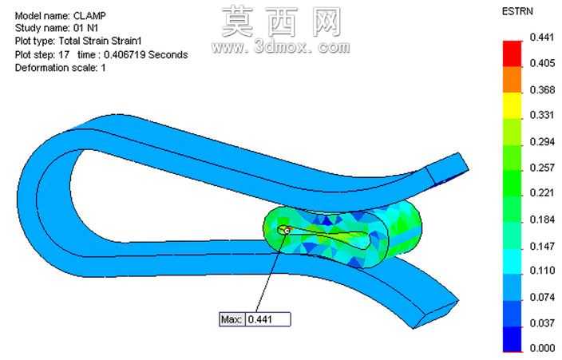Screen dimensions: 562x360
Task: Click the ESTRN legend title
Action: point(517,11)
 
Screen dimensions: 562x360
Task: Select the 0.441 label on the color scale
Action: point(542,37)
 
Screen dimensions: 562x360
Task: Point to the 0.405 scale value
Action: point(542,63)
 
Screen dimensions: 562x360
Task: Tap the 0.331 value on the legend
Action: point(542,115)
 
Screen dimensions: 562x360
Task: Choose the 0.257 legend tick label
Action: point(542,168)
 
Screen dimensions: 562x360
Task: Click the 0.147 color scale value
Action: point(542,246)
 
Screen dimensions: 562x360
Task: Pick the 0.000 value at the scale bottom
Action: point(542,347)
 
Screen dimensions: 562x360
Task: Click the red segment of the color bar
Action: point(513,53)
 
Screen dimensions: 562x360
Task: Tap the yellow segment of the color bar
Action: point(513,106)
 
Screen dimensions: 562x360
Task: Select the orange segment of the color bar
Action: point(513,80)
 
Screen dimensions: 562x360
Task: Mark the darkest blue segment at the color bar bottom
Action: point(513,338)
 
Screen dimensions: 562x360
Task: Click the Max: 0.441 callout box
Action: point(255,319)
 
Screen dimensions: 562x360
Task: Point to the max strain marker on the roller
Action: point(287,231)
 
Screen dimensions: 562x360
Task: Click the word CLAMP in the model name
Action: point(89,16)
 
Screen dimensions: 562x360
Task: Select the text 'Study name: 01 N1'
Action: point(57,28)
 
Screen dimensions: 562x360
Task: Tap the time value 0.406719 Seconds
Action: point(146,55)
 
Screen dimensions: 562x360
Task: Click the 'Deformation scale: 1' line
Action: point(60,68)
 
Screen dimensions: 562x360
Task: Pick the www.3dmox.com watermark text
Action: point(281,47)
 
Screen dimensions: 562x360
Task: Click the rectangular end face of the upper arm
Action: point(448,168)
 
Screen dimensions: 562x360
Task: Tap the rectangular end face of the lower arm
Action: point(436,315)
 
